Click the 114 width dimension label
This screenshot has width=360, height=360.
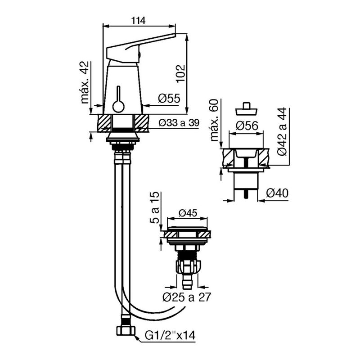(138, 21)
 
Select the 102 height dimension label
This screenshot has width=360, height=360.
(181, 73)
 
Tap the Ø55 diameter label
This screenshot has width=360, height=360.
(169, 99)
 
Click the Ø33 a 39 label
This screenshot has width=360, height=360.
(179, 123)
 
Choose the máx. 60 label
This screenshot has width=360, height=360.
(214, 120)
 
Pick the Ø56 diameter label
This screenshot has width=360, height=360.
(247, 126)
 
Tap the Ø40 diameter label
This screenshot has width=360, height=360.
(277, 193)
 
